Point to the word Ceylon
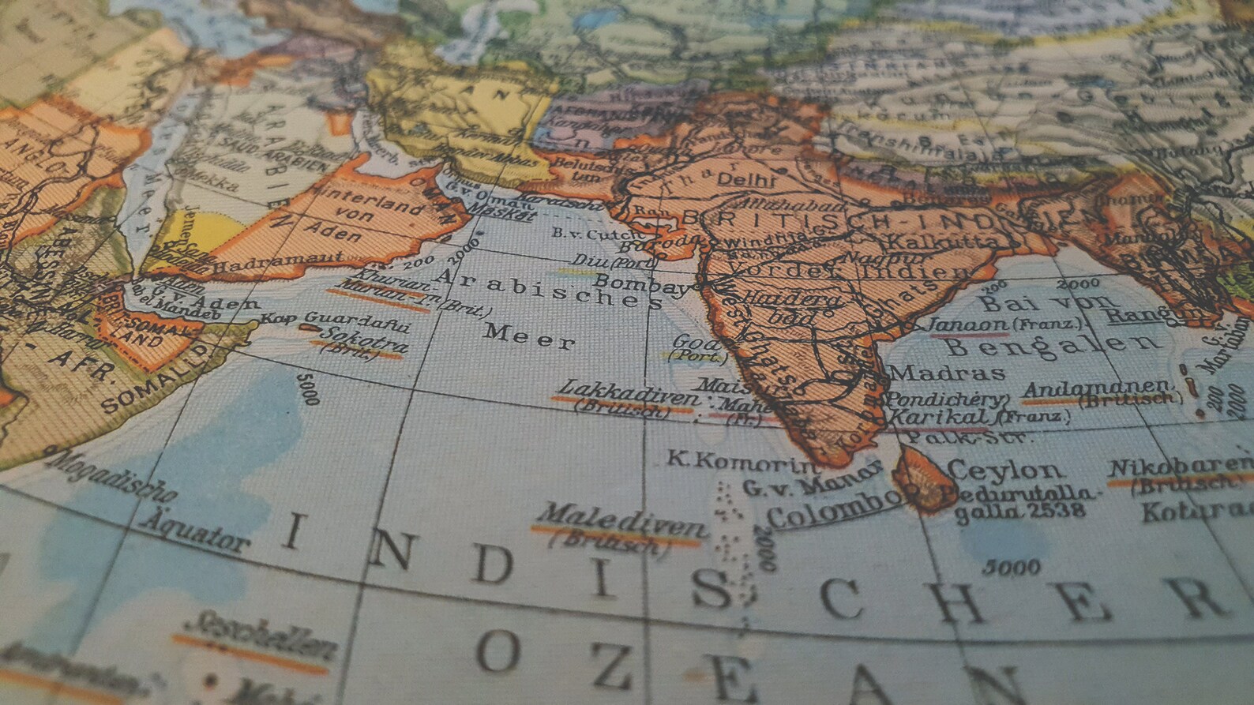point(1004,471)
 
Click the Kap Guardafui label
point(335,321)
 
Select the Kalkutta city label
point(940,240)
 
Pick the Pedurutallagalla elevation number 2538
point(1058,512)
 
